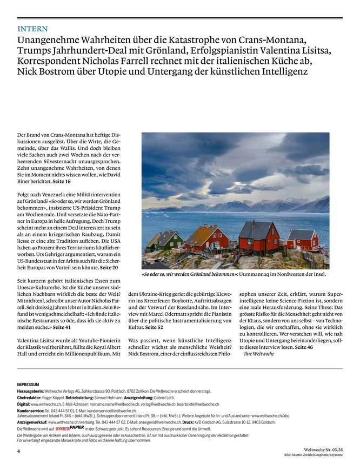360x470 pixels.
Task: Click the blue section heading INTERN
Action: pos(32,29)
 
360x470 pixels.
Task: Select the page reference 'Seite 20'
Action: pos(109,267)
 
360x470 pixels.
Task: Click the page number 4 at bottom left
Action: pos(19,450)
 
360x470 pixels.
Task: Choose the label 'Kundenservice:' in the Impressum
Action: pos(31,411)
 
